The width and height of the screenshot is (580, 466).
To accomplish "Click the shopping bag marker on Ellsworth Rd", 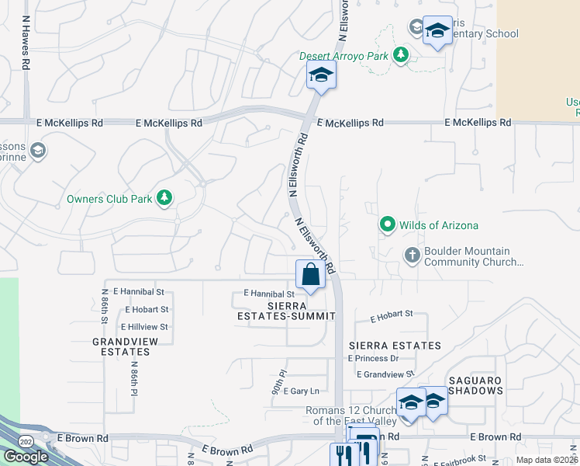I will click(x=310, y=275).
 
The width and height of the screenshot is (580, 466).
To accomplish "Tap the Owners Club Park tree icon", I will click(x=164, y=199).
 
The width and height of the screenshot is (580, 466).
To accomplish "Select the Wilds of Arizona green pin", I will click(x=388, y=225).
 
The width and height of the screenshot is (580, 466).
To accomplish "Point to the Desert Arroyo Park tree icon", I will click(x=400, y=55).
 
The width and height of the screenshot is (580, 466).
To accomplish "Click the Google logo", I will click(x=26, y=457).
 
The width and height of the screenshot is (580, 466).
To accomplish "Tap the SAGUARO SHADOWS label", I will click(x=474, y=385).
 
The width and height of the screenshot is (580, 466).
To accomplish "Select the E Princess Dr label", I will click(x=373, y=358).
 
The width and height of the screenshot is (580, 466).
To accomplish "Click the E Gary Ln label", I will click(x=302, y=391).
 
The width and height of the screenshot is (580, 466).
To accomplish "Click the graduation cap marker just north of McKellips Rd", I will click(x=319, y=75).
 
